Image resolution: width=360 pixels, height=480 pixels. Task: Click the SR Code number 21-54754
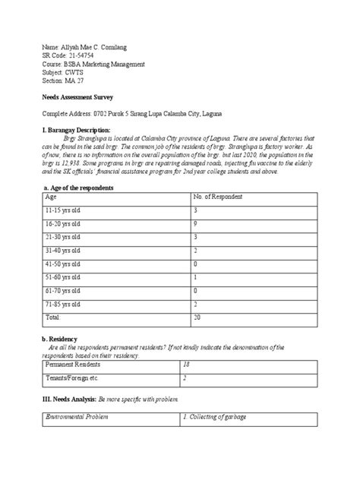coord(81,55)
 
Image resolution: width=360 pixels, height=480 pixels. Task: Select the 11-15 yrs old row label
coord(64,210)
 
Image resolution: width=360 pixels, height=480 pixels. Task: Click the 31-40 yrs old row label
coord(64,250)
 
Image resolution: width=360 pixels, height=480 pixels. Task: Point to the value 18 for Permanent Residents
coord(187,365)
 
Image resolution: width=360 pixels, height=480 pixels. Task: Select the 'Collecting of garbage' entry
coord(219,418)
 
